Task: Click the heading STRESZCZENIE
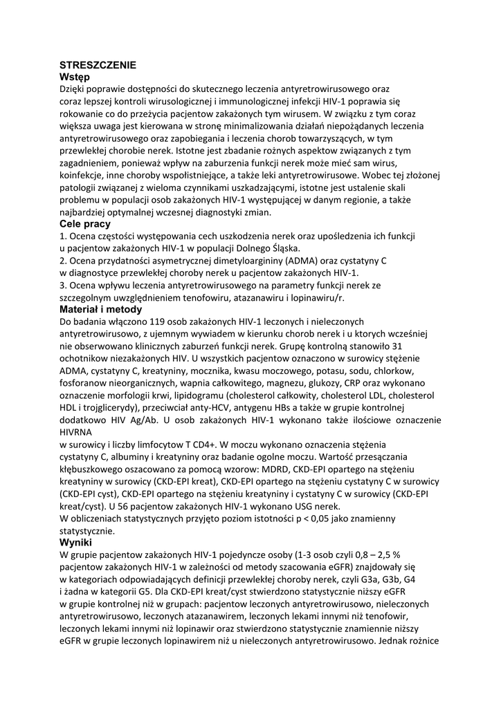pos(98,65)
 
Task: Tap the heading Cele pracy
pos(84,224)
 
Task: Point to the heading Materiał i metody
pos(101,309)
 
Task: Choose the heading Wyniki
pos(75,542)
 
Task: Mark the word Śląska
pos(284,248)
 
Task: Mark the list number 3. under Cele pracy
pos(64,284)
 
